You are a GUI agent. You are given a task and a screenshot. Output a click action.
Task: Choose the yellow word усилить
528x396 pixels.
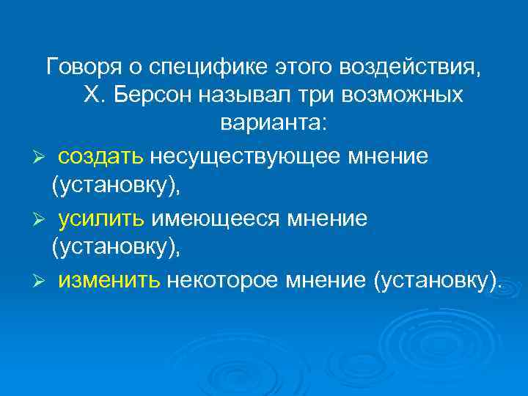click(103, 218)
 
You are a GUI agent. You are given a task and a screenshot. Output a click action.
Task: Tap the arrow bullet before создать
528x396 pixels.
click(43, 157)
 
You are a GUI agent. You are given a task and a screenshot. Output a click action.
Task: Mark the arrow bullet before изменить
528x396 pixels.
click(43, 280)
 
